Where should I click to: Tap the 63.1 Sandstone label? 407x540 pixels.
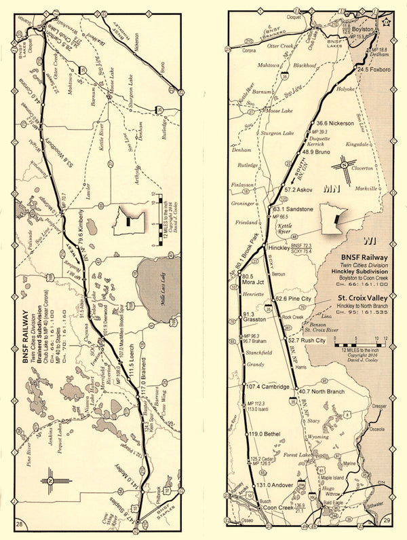click(293, 209)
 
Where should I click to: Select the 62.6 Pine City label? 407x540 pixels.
click(295, 299)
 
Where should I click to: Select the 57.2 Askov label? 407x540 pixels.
click(300, 190)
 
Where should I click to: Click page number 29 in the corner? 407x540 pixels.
click(387, 520)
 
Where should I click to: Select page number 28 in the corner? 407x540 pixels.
click(20, 523)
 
